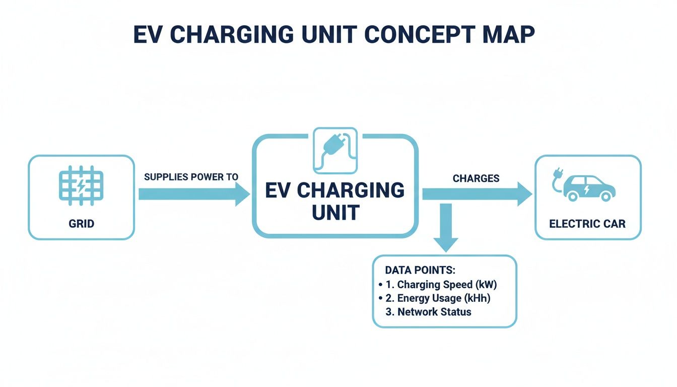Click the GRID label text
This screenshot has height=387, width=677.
(x=81, y=223)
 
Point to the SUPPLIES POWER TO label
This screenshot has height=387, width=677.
(x=191, y=177)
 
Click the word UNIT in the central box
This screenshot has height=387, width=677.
(x=335, y=213)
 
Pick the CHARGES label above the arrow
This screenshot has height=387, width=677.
(x=476, y=178)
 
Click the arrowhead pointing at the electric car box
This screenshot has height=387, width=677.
(x=524, y=194)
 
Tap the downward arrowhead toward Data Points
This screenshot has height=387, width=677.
(x=445, y=244)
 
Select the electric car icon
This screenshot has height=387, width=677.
(x=588, y=187)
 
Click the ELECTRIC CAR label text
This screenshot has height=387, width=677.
(x=587, y=223)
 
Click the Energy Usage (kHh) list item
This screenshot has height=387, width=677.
(x=444, y=298)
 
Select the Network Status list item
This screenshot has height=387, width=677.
(x=434, y=312)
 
